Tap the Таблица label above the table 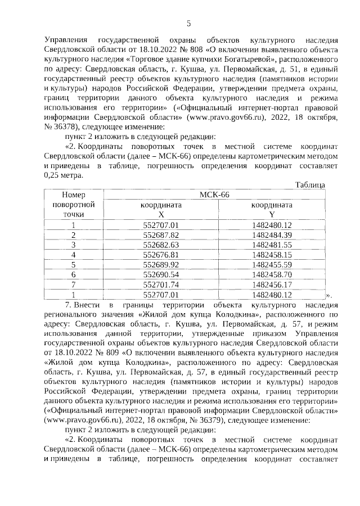tap(310, 185)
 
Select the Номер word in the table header tap(73, 194)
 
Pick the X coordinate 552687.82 tap(161, 234)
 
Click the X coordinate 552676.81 tap(161, 255)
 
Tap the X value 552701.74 tap(161, 284)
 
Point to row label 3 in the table tap(73, 245)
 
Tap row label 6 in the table tap(73, 274)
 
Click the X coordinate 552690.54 tap(161, 274)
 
